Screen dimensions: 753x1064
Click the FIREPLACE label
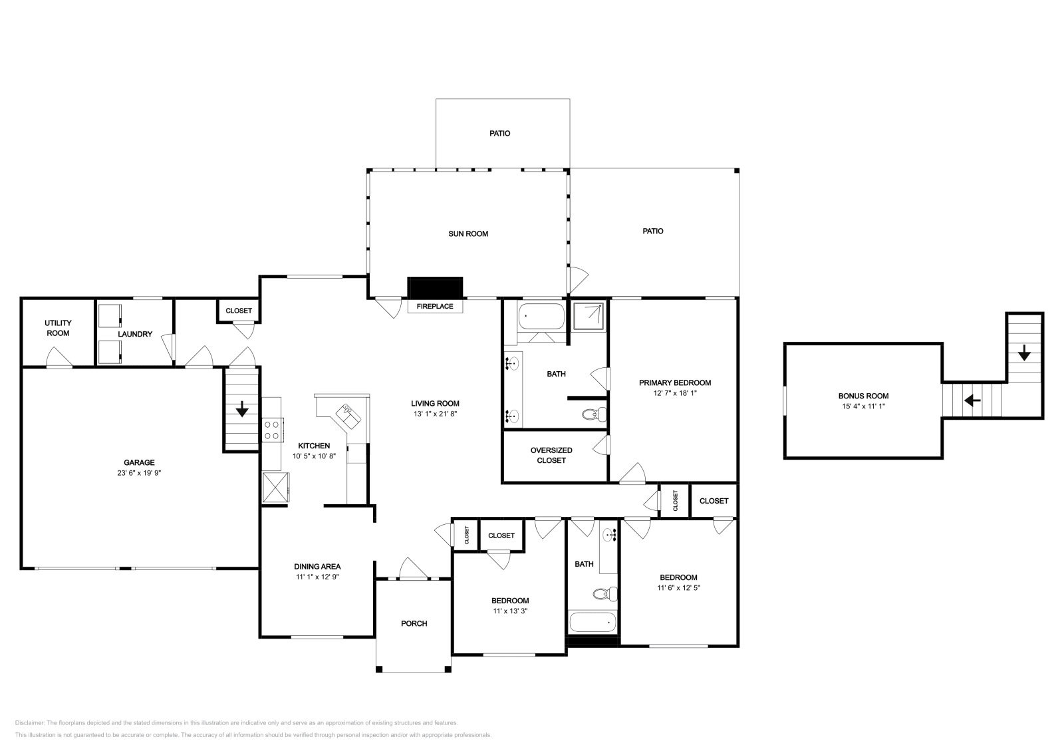click(x=435, y=307)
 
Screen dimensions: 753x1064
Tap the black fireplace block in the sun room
click(x=435, y=287)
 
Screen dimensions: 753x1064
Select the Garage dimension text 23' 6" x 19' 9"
click(x=138, y=474)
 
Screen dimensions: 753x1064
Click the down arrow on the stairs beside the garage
click(x=242, y=408)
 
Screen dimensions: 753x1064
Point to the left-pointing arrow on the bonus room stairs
click(x=973, y=400)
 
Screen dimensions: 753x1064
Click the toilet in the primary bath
click(x=594, y=414)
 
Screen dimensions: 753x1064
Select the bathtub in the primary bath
click(x=541, y=316)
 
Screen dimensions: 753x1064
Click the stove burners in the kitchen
click(x=271, y=430)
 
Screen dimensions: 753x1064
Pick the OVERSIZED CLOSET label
click(x=551, y=456)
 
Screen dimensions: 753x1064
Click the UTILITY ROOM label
click(x=58, y=328)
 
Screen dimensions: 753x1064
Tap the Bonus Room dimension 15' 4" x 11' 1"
click(x=863, y=406)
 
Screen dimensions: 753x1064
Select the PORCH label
click(x=414, y=624)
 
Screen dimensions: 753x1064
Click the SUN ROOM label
click(x=468, y=233)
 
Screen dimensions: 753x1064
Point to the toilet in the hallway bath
click(x=604, y=593)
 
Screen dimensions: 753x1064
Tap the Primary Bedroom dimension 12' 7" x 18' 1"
click(x=674, y=393)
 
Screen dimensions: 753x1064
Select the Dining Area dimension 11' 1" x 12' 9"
click(x=317, y=577)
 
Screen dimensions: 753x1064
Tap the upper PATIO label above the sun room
click(x=499, y=134)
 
